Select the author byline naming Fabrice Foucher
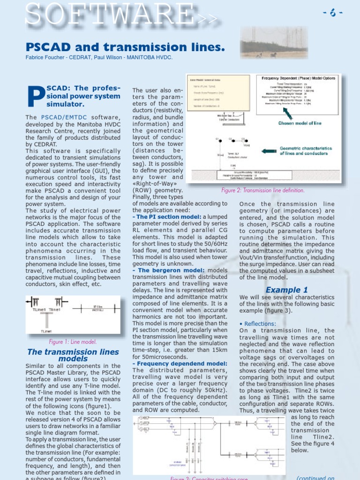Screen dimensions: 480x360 [99, 58]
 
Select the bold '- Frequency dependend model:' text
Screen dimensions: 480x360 [180, 363]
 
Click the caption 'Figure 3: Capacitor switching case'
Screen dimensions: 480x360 [209, 478]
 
